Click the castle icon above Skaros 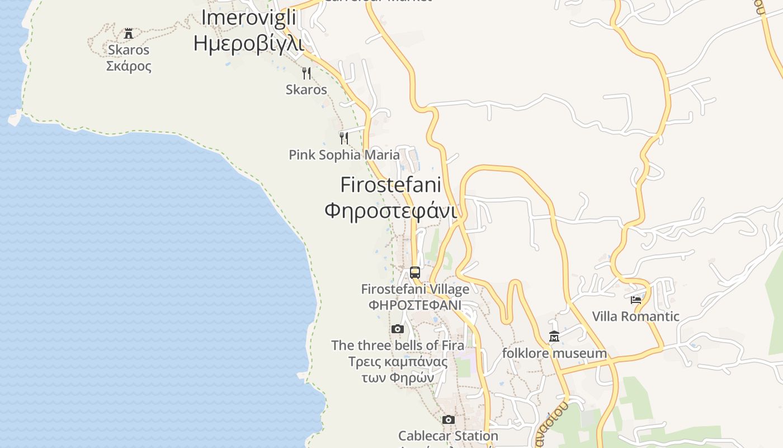click(x=129, y=33)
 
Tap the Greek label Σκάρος click(x=129, y=66)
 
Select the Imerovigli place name click(x=248, y=18)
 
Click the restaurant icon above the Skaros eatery click(x=306, y=73)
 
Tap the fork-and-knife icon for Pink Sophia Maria click(x=344, y=138)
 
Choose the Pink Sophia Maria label click(x=344, y=155)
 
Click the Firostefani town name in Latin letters click(x=390, y=185)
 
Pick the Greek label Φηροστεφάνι click(x=390, y=211)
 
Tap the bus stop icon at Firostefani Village click(x=415, y=273)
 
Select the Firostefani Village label click(x=415, y=290)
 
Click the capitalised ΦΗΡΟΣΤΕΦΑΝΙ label click(x=415, y=305)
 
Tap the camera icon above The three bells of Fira click(x=398, y=329)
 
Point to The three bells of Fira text click(x=398, y=346)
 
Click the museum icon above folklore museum click(x=554, y=336)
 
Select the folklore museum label click(x=554, y=353)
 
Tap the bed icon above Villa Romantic click(x=636, y=300)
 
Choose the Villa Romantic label click(x=636, y=316)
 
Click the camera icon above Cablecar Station click(x=448, y=419)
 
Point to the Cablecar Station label click(x=448, y=436)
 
